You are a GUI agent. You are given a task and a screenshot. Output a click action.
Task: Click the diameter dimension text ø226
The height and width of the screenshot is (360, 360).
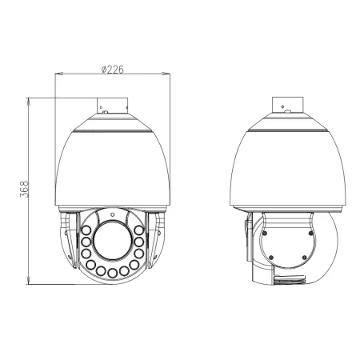[x=112, y=68]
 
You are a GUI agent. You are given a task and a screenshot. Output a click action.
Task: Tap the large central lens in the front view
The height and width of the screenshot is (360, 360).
[x=113, y=241]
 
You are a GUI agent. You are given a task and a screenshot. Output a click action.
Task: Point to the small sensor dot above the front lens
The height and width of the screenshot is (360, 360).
[x=113, y=214]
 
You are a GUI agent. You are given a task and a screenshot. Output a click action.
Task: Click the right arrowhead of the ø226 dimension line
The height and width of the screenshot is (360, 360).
[x=169, y=74]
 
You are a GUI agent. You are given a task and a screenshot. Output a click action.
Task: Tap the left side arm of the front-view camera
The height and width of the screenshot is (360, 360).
[x=67, y=240]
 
